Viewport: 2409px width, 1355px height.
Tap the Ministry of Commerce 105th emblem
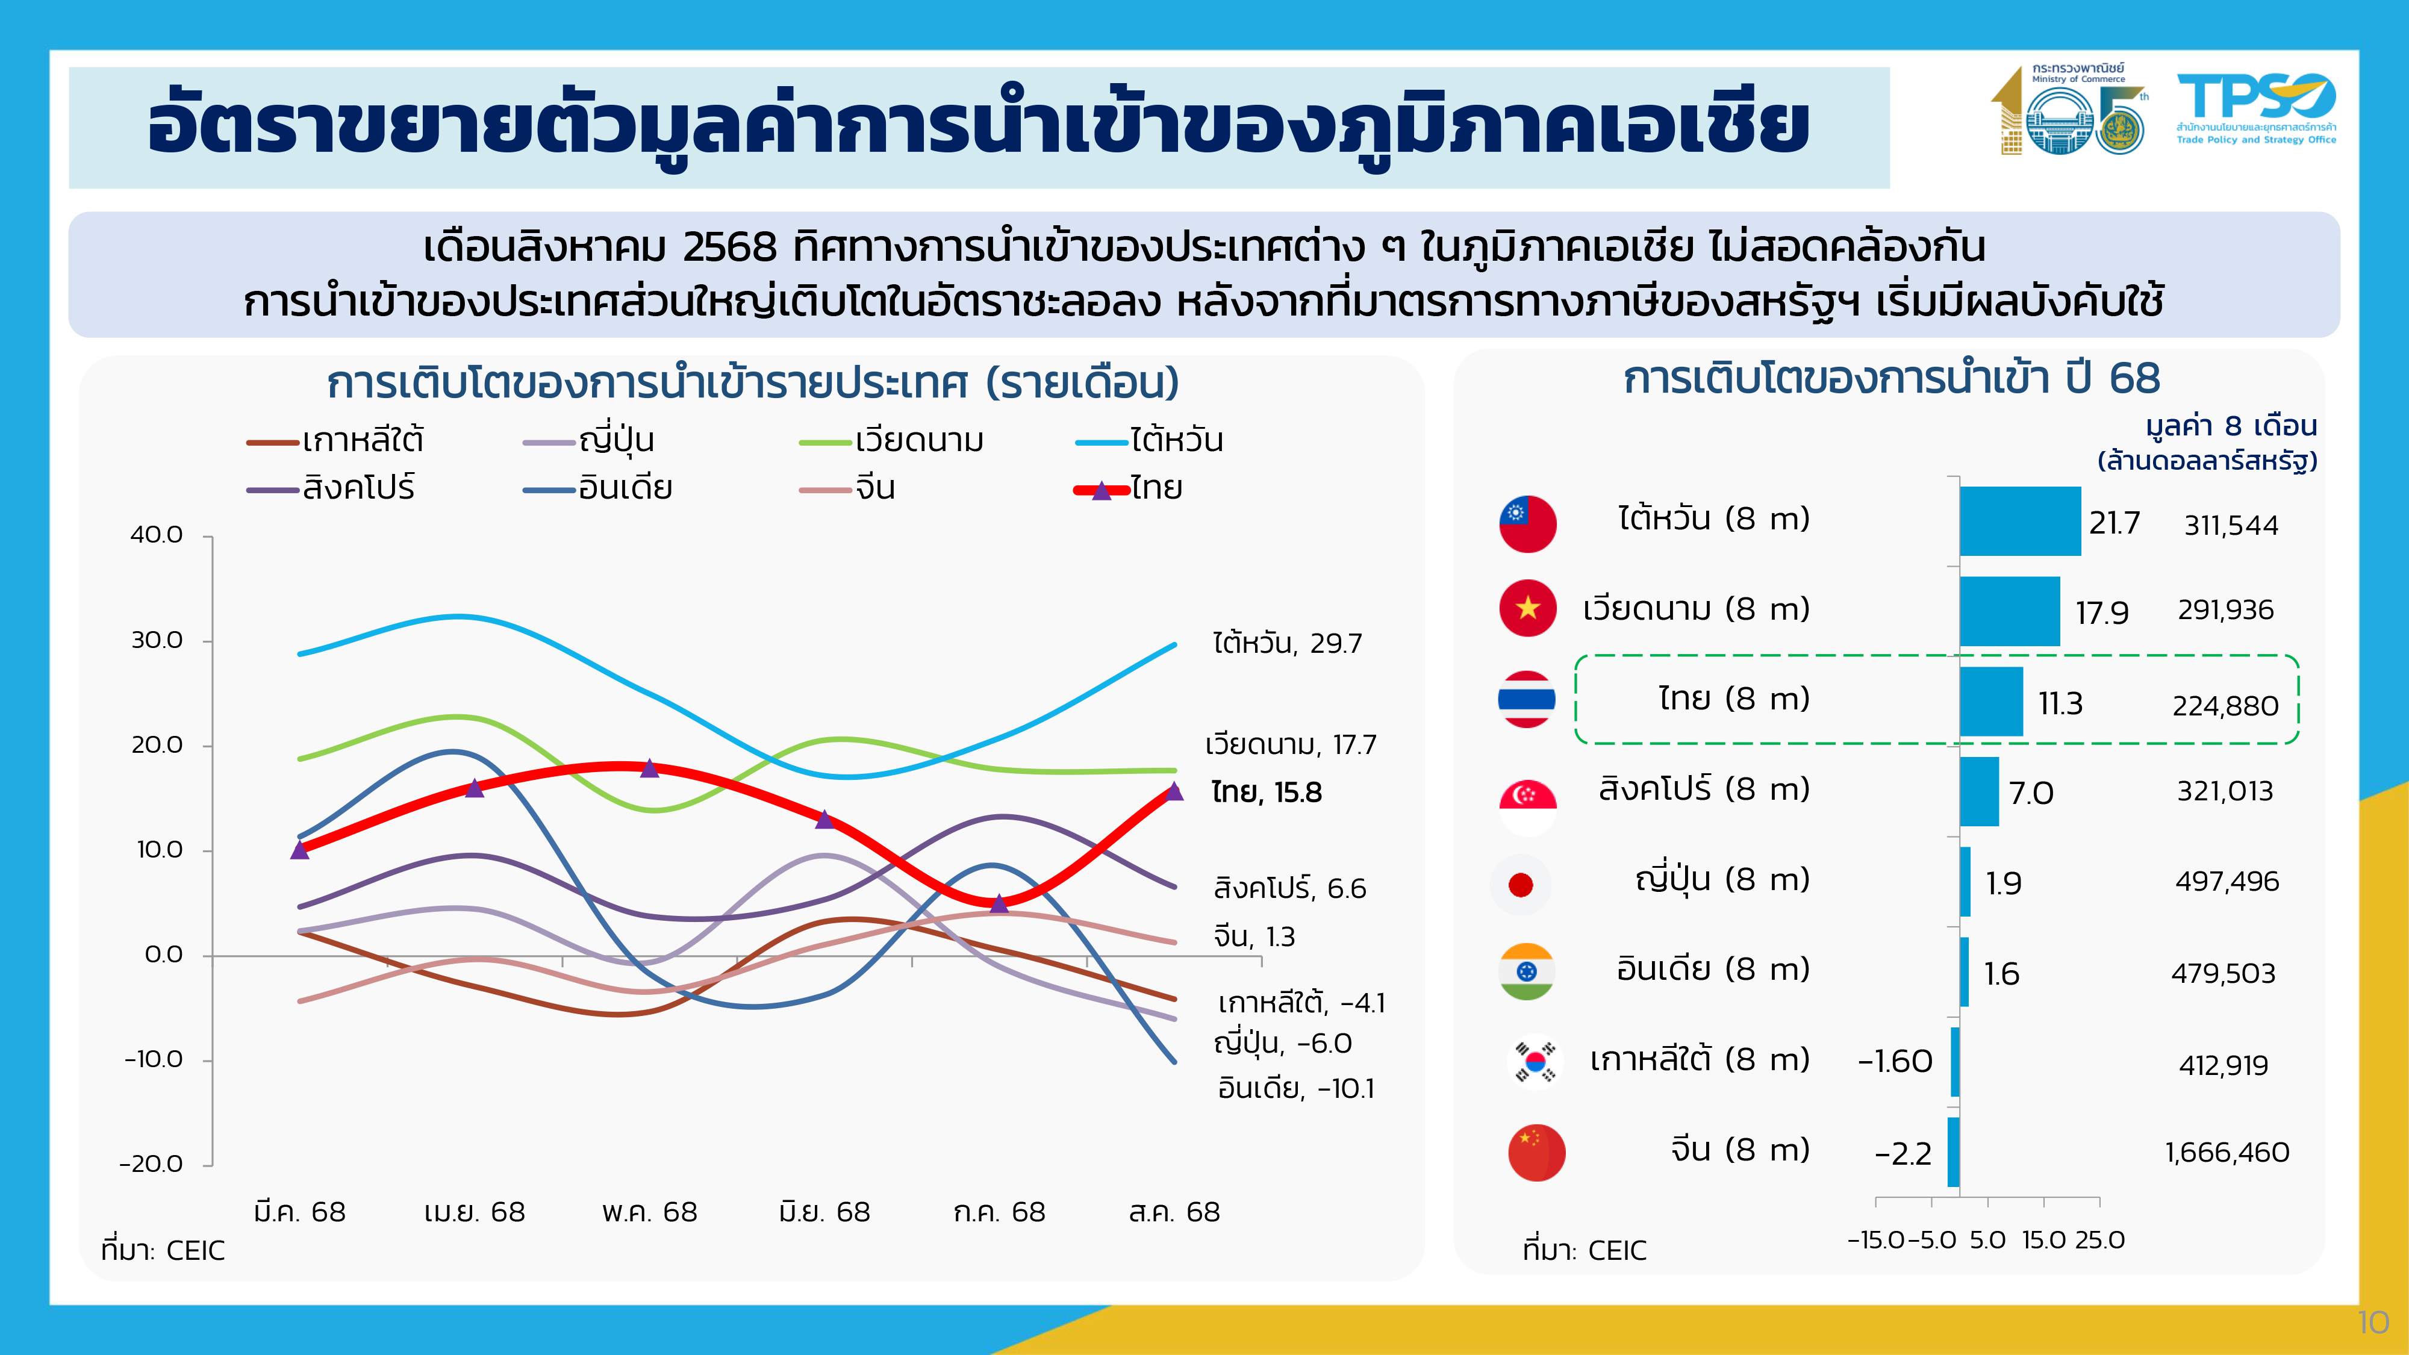pos(2069,110)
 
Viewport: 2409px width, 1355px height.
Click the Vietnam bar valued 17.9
pos(2009,611)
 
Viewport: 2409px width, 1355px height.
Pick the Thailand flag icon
pos(1526,699)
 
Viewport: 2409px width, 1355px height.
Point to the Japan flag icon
pos(1521,883)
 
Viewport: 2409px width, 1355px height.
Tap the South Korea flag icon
pos(1535,1061)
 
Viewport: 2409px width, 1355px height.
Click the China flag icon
pos(1536,1152)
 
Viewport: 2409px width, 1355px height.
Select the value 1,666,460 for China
pos(2227,1152)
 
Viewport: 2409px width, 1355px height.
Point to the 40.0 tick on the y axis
pos(157,535)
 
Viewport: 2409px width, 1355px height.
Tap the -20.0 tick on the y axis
pos(152,1164)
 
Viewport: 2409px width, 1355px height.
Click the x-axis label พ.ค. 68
pos(649,1212)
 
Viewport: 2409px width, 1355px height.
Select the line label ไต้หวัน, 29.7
pos(1287,643)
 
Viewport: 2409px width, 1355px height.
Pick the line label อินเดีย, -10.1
pos(1295,1088)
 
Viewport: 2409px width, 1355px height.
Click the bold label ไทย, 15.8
pos(1266,793)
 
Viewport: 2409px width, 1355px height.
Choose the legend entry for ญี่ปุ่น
pos(589,440)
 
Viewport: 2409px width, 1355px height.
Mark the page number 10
pos(2372,1322)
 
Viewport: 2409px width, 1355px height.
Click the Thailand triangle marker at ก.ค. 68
pos(999,902)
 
